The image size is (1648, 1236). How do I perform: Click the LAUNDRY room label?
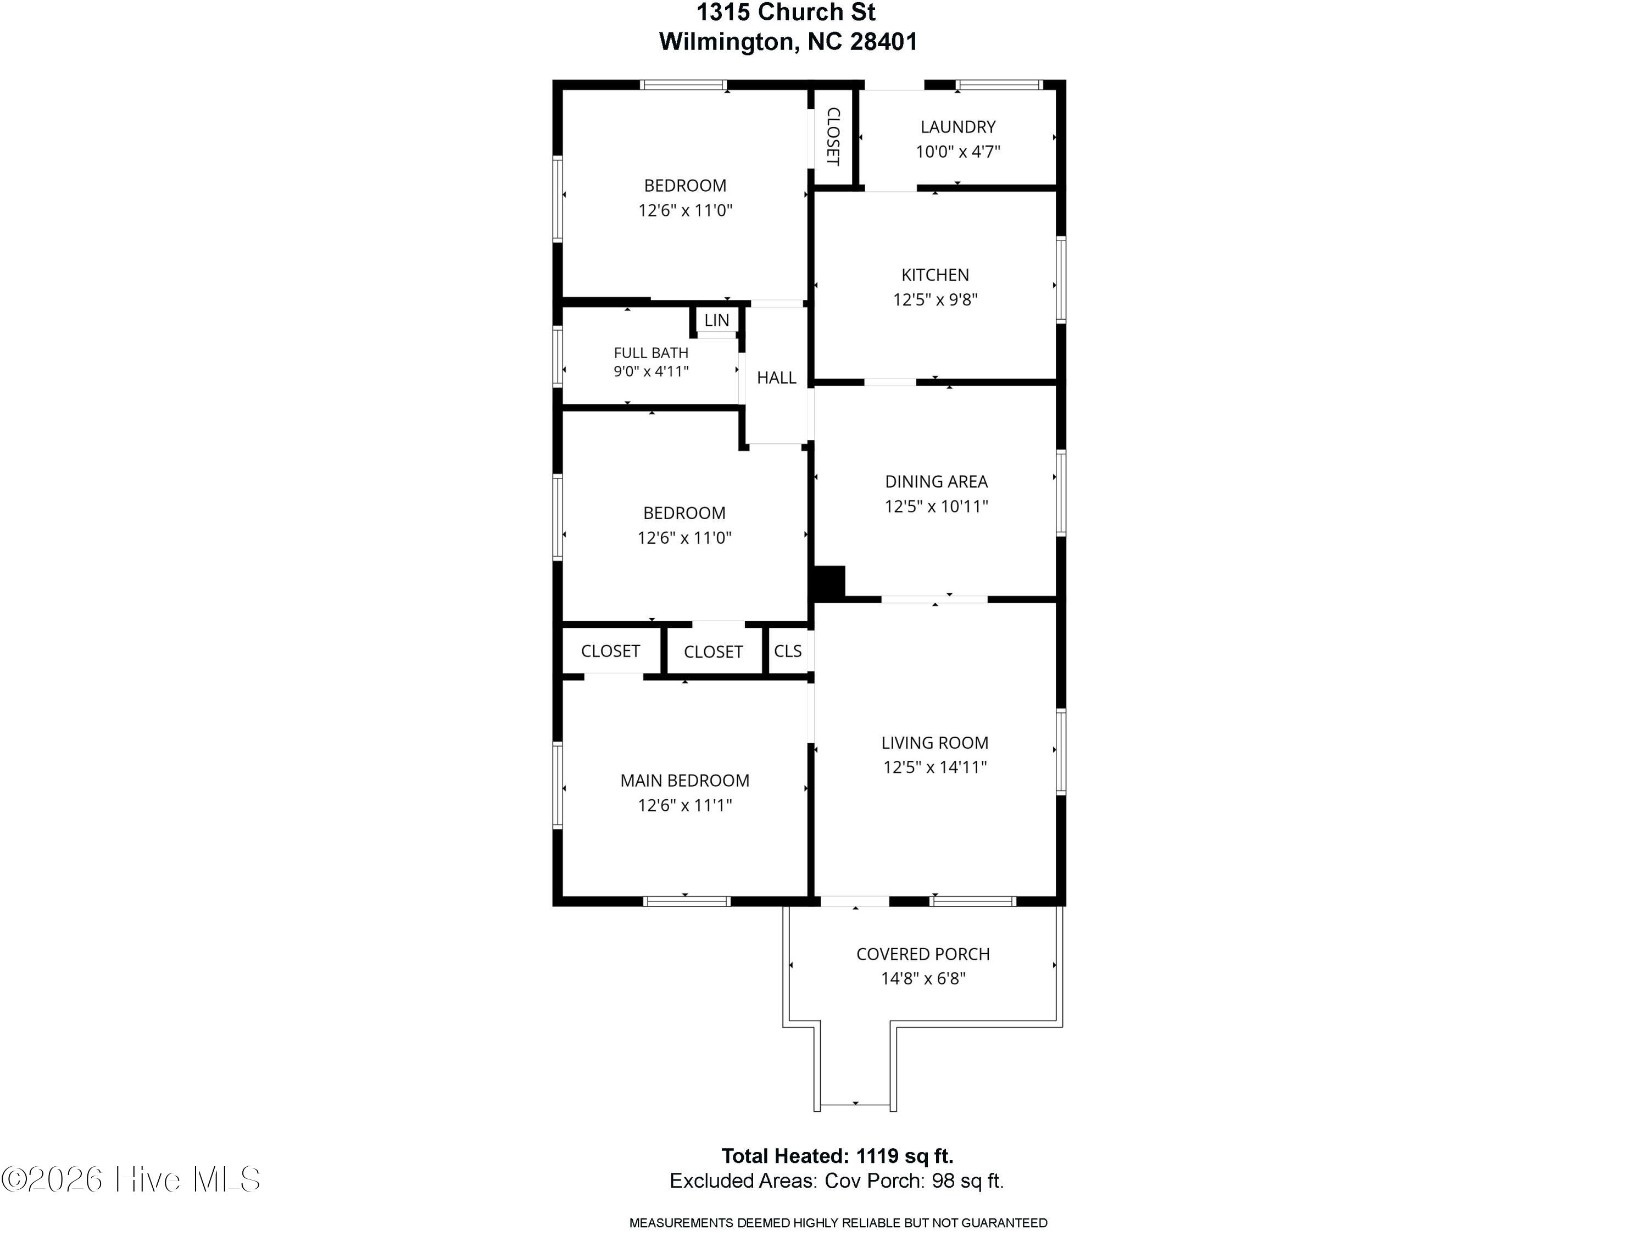tap(957, 127)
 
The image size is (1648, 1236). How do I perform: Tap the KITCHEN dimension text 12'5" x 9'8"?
tap(935, 299)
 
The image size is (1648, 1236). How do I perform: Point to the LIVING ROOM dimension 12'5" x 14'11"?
tap(935, 767)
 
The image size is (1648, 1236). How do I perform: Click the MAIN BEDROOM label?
tap(684, 781)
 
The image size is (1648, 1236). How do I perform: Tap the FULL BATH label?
tap(651, 353)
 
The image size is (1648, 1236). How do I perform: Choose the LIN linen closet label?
tap(717, 320)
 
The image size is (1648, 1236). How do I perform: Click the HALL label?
tap(776, 378)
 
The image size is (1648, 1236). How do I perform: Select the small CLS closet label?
tap(788, 651)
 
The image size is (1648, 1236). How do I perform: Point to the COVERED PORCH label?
tap(923, 954)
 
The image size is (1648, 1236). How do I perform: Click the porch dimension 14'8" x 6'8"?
tap(923, 979)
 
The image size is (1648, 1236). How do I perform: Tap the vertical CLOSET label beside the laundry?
tap(833, 136)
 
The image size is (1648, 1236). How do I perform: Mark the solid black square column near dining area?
tap(828, 583)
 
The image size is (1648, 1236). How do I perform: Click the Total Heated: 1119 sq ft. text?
tap(837, 1156)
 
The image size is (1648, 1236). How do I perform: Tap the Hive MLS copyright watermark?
tap(131, 1179)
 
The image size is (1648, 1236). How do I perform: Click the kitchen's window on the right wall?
tap(1061, 280)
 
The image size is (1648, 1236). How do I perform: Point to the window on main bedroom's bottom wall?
tap(686, 901)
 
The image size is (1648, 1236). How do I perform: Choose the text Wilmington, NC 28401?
tap(788, 42)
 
